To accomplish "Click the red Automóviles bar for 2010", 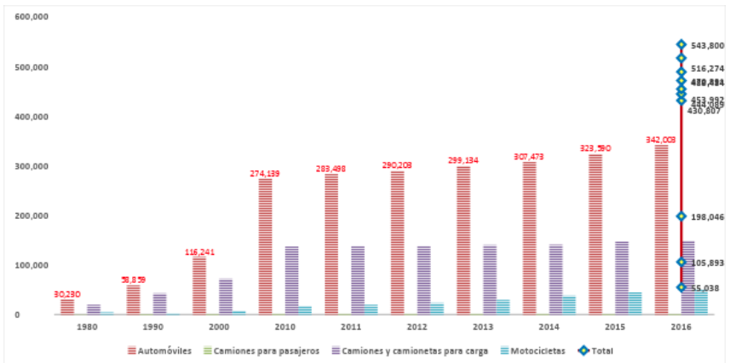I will (x=265, y=246).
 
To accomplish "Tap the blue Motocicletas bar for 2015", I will (x=635, y=303).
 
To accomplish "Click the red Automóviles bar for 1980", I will (x=67, y=307).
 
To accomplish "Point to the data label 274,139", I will (x=265, y=173).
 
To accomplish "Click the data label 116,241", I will (x=199, y=251).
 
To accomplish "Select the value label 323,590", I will (x=595, y=148).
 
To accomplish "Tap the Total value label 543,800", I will (x=707, y=45).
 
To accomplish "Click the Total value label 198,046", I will (x=707, y=216).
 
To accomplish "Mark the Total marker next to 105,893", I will (x=681, y=262).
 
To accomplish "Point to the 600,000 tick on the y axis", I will (x=32, y=17).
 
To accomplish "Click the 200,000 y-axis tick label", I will (x=32, y=216).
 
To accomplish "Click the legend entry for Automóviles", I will (x=161, y=350).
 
